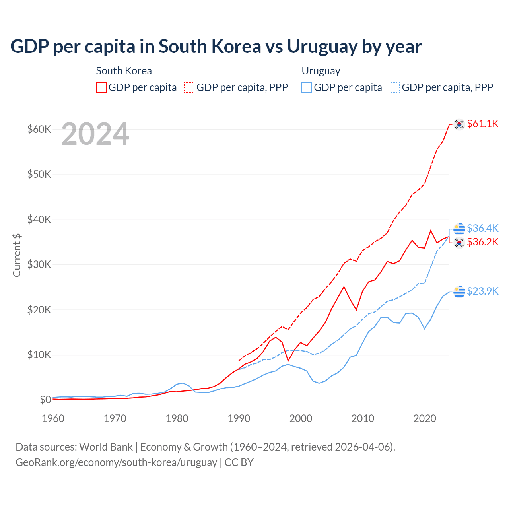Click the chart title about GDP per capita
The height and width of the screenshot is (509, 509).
pyautogui.click(x=216, y=47)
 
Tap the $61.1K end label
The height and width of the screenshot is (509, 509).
pyautogui.click(x=482, y=124)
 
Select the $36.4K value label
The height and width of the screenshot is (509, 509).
pyautogui.click(x=482, y=228)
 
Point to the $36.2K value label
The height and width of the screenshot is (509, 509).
pyautogui.click(x=482, y=242)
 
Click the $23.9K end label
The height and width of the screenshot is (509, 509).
pyautogui.click(x=482, y=291)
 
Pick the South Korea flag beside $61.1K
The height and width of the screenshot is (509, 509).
pyautogui.click(x=459, y=124)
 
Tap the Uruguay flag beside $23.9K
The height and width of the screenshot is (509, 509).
pyautogui.click(x=459, y=291)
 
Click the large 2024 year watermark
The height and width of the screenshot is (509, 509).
pyautogui.click(x=95, y=134)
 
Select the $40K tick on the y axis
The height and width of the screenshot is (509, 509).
pyautogui.click(x=39, y=220)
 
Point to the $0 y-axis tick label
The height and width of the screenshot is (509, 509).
pyautogui.click(x=45, y=400)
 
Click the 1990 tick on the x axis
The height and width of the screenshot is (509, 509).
pyautogui.click(x=239, y=418)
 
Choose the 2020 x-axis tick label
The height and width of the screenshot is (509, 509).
pyautogui.click(x=425, y=418)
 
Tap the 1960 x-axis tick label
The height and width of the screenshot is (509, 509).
pyautogui.click(x=53, y=418)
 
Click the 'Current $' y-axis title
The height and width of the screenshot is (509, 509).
pyautogui.click(x=17, y=255)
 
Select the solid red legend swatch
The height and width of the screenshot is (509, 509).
pyautogui.click(x=101, y=87)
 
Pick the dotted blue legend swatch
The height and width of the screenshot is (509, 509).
pyautogui.click(x=395, y=87)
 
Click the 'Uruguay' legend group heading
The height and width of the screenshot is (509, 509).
pyautogui.click(x=321, y=71)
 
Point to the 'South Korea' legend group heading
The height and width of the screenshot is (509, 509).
pyautogui.click(x=124, y=71)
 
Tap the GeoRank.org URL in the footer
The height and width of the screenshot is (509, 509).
pyautogui.click(x=116, y=462)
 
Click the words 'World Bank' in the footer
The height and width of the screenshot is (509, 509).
pyautogui.click(x=106, y=447)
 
